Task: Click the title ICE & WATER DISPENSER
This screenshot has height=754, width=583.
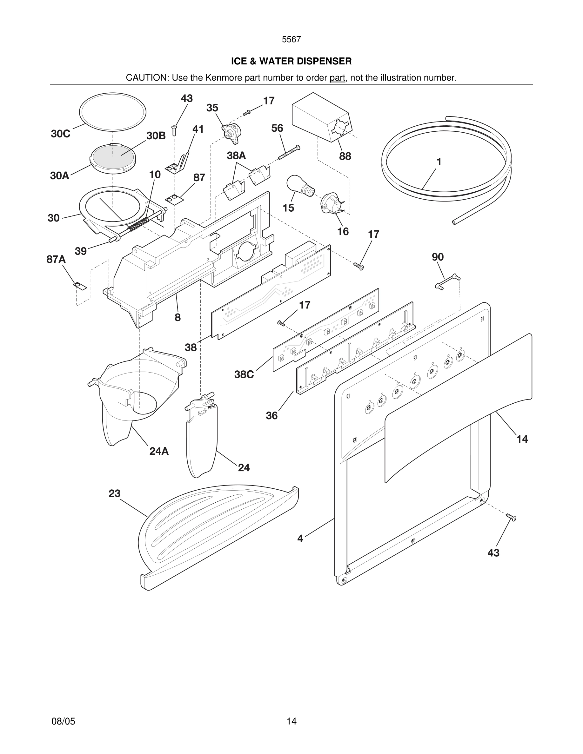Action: pos(291,61)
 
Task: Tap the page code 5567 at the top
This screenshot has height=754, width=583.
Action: pos(291,40)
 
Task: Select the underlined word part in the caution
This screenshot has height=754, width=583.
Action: pos(337,78)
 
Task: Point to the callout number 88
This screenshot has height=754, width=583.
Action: pos(345,156)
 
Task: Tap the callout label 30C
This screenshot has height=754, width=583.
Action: pos(60,134)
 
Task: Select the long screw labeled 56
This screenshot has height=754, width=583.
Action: pos(289,152)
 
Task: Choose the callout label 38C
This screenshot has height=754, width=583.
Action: pos(244,374)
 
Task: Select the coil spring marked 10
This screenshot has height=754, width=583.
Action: pos(138,224)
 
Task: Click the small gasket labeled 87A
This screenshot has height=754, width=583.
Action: pos(79,286)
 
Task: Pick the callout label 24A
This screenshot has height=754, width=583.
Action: pos(159,451)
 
